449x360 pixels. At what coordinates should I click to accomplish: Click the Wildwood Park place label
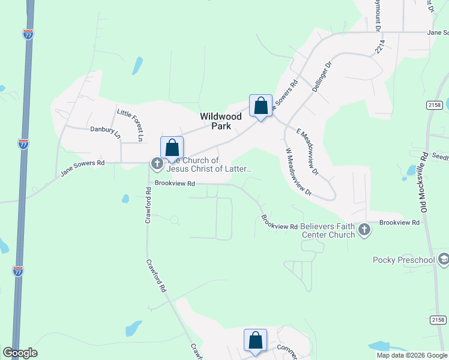(x=221, y=121)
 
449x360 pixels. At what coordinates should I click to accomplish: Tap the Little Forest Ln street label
(x=131, y=124)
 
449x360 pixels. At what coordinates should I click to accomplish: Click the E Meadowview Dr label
(x=309, y=145)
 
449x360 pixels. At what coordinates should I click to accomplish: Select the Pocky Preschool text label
(x=403, y=260)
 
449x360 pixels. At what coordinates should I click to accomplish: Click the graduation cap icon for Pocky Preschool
(x=444, y=259)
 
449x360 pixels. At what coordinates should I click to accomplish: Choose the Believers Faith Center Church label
(x=328, y=230)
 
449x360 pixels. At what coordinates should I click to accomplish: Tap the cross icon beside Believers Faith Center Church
(x=364, y=229)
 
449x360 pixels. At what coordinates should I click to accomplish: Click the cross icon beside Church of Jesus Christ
(x=157, y=163)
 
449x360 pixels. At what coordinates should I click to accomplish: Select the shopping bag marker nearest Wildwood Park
(x=261, y=107)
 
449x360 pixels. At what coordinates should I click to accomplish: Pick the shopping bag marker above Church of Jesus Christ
(x=172, y=148)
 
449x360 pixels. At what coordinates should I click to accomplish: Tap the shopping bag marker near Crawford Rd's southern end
(x=255, y=340)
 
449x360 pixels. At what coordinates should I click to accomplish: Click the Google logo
(x=20, y=353)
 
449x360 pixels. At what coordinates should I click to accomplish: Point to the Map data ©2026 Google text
(x=412, y=355)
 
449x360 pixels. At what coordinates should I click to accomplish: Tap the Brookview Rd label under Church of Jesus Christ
(x=175, y=184)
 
